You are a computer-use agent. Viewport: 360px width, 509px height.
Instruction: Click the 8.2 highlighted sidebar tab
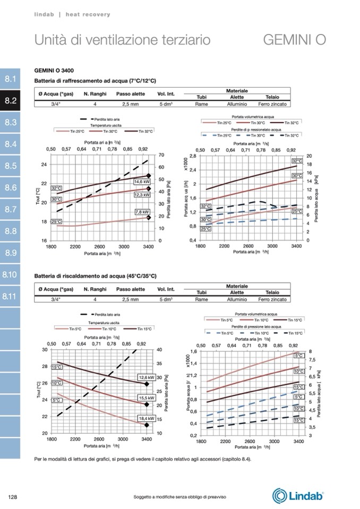pyautogui.click(x=11, y=101)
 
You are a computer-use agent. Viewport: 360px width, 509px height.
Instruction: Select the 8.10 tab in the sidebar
pyautogui.click(x=11, y=274)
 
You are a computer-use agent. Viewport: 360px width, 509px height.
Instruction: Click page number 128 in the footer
pyautogui.click(x=13, y=496)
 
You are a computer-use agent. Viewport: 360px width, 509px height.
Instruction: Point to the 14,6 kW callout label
pyautogui.click(x=142, y=182)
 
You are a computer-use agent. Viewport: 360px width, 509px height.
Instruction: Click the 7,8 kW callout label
pyautogui.click(x=142, y=212)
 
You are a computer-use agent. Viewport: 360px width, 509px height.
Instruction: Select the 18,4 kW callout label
pyautogui.click(x=145, y=419)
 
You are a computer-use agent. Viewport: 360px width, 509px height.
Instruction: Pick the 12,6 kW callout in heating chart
pyautogui.click(x=145, y=377)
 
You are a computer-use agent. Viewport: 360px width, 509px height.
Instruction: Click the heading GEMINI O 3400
pyautogui.click(x=54, y=70)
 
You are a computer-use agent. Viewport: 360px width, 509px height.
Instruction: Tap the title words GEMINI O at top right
pyautogui.click(x=294, y=40)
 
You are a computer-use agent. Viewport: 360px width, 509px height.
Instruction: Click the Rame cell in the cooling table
pyautogui.click(x=201, y=105)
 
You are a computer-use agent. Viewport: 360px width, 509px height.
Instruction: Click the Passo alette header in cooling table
pyautogui.click(x=131, y=94)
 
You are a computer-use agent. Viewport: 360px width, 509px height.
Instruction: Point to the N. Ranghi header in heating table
pyautogui.click(x=96, y=289)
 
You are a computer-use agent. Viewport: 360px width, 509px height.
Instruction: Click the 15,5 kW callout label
pyautogui.click(x=145, y=398)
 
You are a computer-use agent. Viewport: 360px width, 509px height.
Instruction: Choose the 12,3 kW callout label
pyautogui.click(x=142, y=195)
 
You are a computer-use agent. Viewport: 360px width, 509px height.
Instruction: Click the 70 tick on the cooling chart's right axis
pyautogui.click(x=161, y=155)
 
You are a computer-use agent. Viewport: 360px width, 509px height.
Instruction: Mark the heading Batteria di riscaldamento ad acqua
pyautogui.click(x=95, y=276)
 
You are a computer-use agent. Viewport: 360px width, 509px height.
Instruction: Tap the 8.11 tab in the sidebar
pyautogui.click(x=11, y=296)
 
